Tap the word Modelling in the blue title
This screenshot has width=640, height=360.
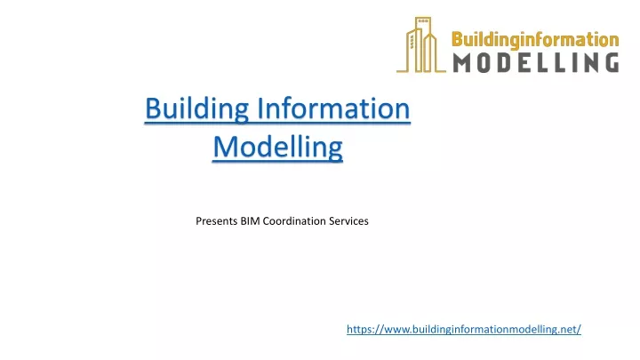click(277, 147)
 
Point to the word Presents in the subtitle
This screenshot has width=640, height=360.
click(216, 220)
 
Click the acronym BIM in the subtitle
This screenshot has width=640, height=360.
click(251, 220)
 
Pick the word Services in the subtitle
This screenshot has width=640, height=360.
click(348, 220)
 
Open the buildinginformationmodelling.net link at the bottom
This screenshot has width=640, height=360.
click(463, 329)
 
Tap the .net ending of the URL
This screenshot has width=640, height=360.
click(569, 329)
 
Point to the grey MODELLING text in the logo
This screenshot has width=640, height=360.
click(535, 61)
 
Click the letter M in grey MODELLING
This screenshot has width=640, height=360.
click(464, 61)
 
